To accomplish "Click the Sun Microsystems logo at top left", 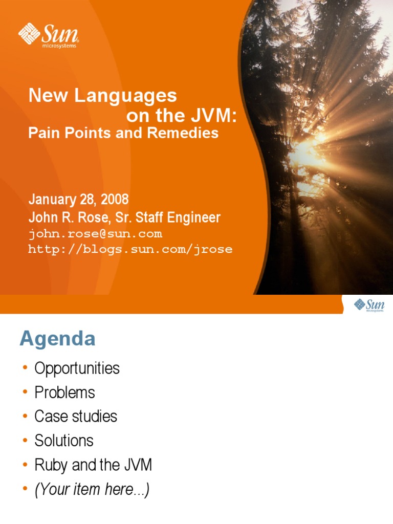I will (49, 35).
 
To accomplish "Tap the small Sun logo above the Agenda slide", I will (368, 305).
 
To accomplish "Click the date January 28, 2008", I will (78, 199).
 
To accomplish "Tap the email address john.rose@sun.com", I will (95, 234).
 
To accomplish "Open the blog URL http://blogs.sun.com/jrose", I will (130, 249).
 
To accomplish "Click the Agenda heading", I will (57, 339).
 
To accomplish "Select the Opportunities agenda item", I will (77, 368).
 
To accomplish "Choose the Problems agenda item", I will (64, 392).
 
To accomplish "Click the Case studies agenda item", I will (76, 417).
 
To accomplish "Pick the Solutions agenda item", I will (64, 441).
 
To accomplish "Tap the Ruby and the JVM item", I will (93, 465).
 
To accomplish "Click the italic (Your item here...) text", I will (92, 490).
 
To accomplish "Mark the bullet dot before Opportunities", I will (25, 368).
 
